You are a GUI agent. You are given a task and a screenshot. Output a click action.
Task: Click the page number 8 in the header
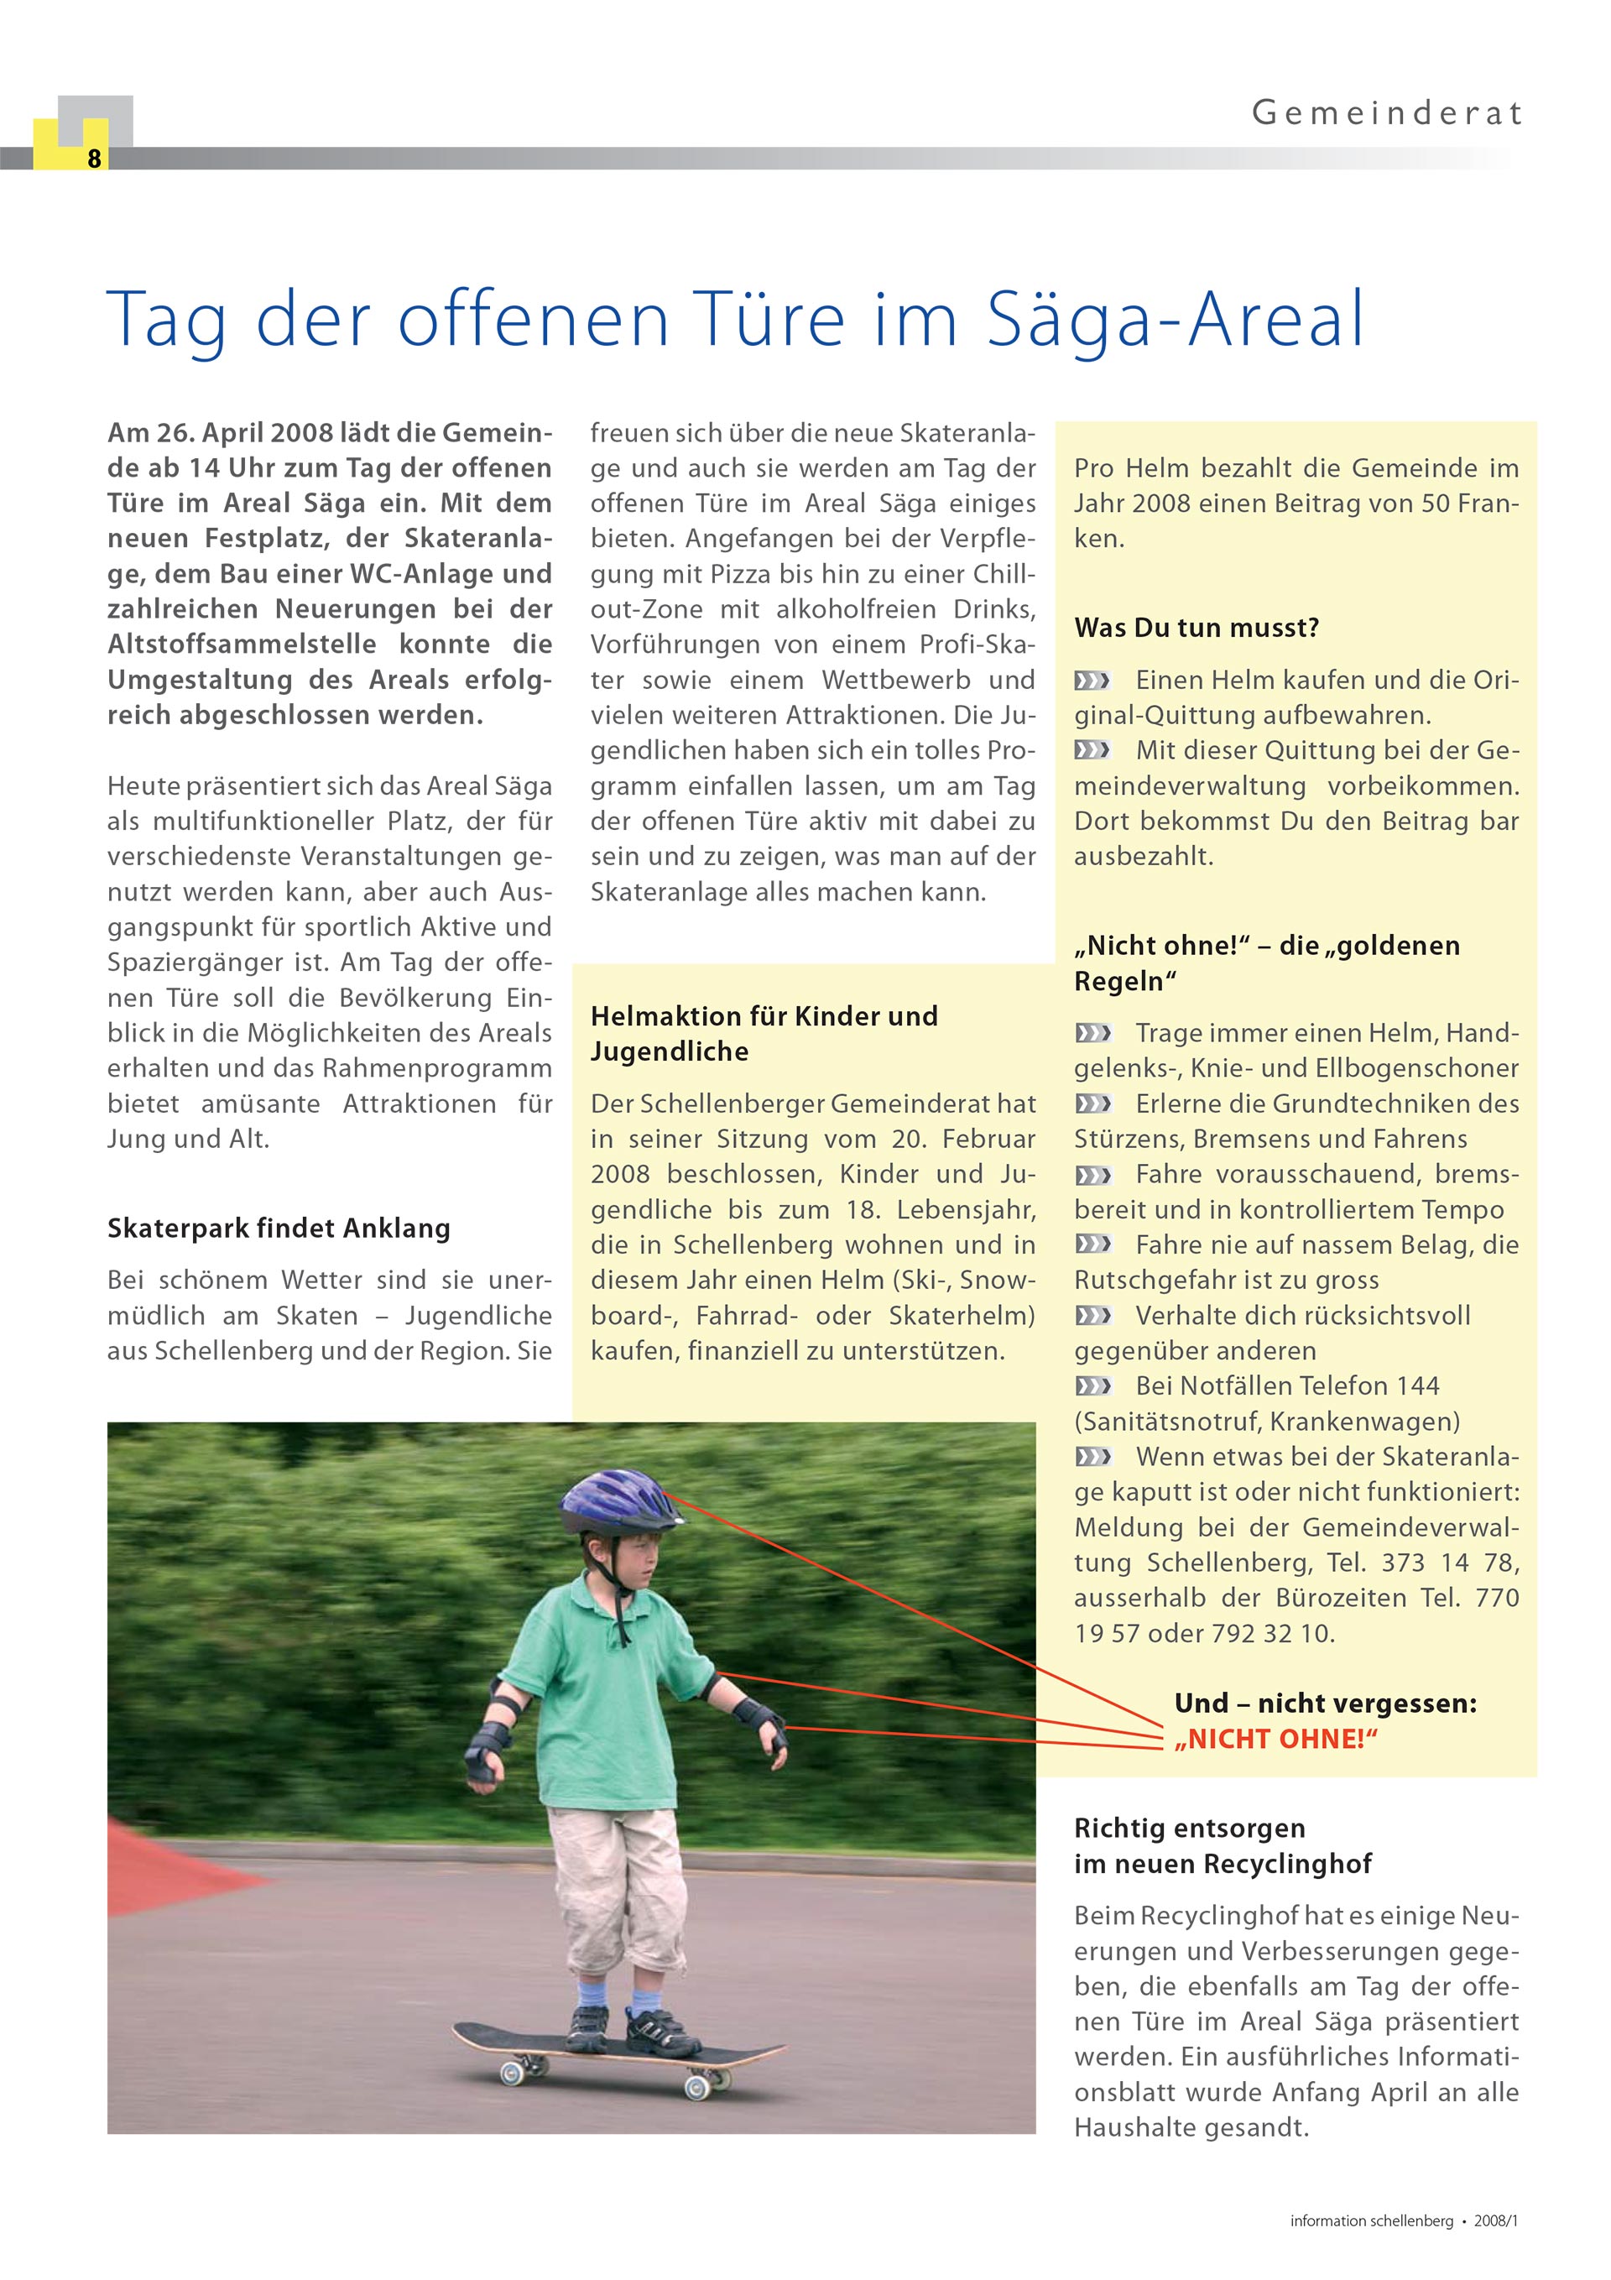[94, 159]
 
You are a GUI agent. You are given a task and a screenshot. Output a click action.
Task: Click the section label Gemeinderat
[1386, 113]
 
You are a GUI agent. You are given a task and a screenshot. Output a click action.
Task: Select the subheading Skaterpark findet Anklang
[279, 1229]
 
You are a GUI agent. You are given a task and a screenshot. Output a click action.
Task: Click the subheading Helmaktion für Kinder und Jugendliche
[764, 1034]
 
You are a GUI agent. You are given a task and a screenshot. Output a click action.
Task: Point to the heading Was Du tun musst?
[1196, 628]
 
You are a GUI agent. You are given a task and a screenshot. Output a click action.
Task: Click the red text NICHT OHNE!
[1276, 1739]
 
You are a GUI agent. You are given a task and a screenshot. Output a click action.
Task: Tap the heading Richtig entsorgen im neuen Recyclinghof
[1223, 1846]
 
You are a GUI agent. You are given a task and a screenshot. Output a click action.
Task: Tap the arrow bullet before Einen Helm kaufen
[1092, 681]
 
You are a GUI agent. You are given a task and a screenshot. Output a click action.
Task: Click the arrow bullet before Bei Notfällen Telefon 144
[1092, 1386]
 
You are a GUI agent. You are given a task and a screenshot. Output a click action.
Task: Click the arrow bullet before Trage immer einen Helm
[1092, 1034]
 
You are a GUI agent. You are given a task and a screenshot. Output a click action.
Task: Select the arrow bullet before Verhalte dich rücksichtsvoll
[1092, 1316]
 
